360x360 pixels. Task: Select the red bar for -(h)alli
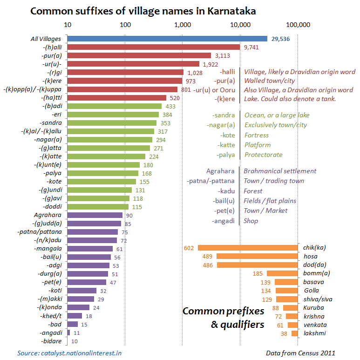click(153, 47)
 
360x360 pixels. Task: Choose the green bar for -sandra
click(112, 123)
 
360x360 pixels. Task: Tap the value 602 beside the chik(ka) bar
click(189, 248)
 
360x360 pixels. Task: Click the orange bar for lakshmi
click(294, 333)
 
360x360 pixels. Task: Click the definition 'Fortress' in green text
click(256, 135)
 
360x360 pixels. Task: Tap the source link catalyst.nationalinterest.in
click(69, 353)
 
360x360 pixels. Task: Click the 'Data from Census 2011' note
click(300, 353)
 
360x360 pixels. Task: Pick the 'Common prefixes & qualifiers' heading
click(223, 318)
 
